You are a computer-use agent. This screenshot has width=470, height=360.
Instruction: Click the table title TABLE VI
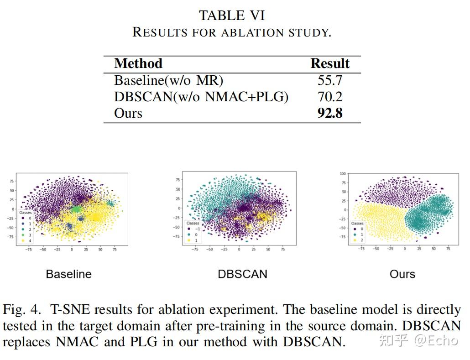point(232,16)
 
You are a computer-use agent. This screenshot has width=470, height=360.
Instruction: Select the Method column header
point(138,63)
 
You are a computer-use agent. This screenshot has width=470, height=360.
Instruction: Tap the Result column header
point(329,63)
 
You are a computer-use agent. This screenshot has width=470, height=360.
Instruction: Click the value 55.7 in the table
point(329,80)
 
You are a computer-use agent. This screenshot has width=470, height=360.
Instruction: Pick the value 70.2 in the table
point(329,97)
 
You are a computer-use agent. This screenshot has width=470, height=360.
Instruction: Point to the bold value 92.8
point(329,113)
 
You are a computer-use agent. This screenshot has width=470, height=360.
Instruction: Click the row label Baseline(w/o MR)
point(168,80)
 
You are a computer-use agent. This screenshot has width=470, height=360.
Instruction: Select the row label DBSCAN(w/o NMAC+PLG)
point(201,97)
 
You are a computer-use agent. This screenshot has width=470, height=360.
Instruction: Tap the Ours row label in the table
point(128,113)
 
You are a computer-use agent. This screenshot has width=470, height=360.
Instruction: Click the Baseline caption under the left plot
point(68,274)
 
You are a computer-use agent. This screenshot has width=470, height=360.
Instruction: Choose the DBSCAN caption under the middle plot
point(242,274)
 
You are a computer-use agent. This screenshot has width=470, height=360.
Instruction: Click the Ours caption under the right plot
point(402,274)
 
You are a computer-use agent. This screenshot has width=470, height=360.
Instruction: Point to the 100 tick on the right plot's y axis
point(343,174)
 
